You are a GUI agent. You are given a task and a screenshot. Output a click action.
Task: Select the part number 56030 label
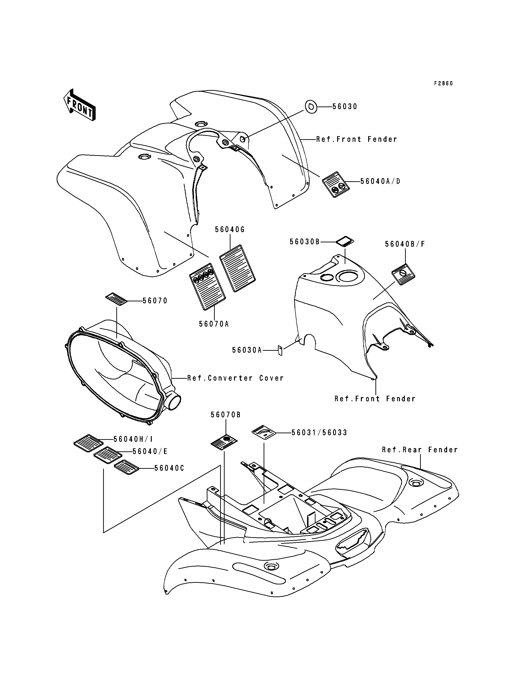tap(345, 106)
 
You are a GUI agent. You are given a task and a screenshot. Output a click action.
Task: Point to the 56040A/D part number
tap(380, 181)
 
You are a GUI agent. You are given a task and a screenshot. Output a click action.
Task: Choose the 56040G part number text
tap(230, 229)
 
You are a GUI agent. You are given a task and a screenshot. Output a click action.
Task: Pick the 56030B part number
tap(305, 242)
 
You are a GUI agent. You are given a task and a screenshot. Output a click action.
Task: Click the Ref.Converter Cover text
tap(235, 378)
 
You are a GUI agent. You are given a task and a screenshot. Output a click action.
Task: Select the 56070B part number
tap(226, 415)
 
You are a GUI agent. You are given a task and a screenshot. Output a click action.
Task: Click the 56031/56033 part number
tap(320, 433)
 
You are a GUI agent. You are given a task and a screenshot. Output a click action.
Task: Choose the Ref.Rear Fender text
tap(420, 450)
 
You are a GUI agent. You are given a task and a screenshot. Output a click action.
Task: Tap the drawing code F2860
tap(443, 83)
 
